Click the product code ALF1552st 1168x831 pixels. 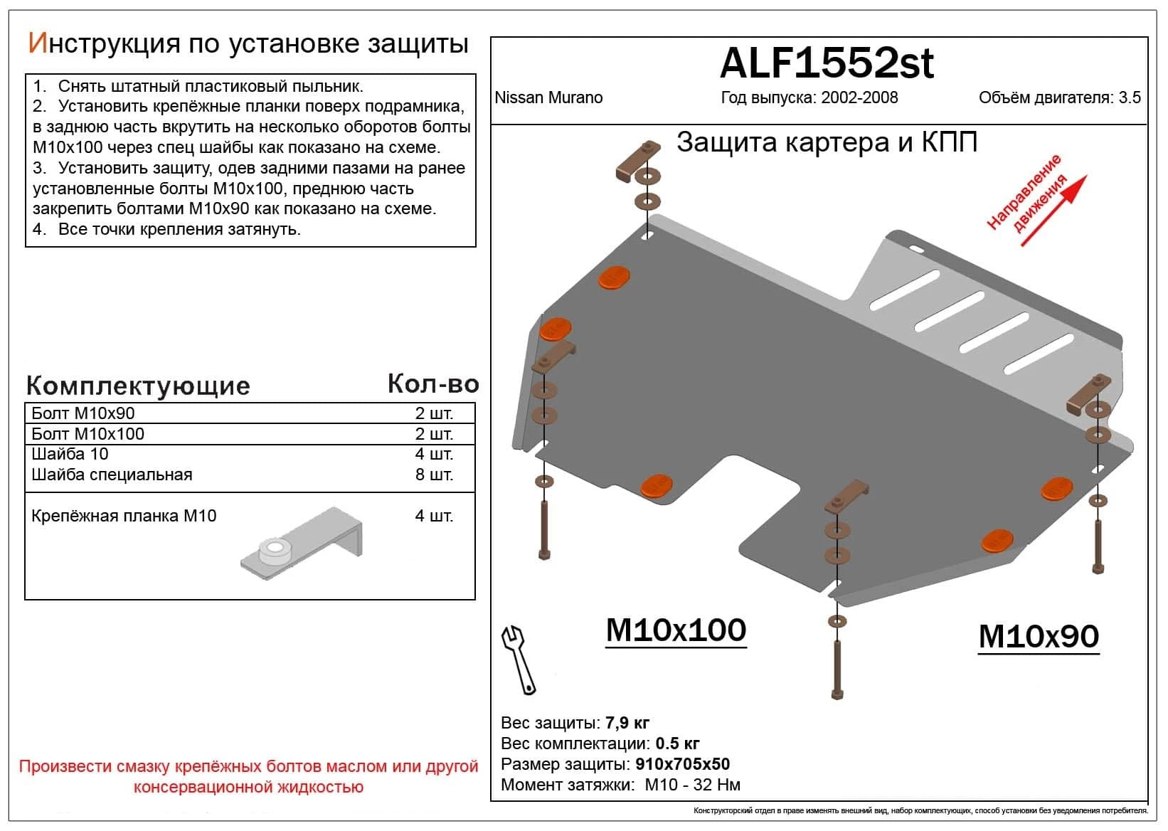(826, 63)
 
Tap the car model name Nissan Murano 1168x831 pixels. (548, 97)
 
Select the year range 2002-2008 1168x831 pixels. (859, 97)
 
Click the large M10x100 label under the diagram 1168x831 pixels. (676, 630)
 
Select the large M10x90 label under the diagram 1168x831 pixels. (1039, 636)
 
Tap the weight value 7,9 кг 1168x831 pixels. (627, 724)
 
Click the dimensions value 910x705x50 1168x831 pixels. (682, 765)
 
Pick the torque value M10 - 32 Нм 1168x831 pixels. (692, 785)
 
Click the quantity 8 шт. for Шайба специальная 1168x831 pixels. (434, 475)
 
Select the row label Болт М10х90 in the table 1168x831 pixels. (83, 413)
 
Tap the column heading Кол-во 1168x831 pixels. (433, 384)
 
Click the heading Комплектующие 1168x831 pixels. (138, 386)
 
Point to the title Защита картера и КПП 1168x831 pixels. (826, 142)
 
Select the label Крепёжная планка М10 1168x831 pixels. (124, 516)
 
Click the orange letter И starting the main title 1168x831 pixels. (37, 43)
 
